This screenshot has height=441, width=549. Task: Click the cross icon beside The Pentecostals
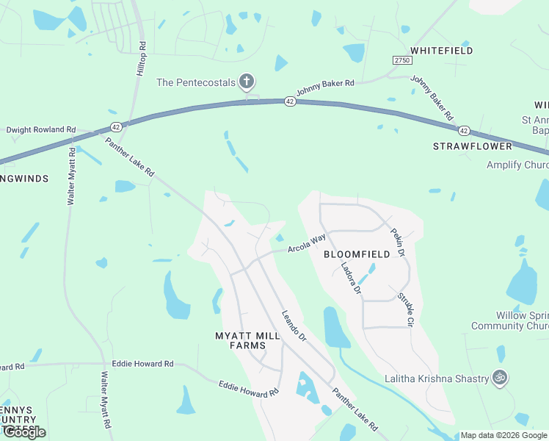point(247,82)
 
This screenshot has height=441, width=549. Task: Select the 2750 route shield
point(401,60)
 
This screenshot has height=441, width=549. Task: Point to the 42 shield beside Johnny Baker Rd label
point(290,101)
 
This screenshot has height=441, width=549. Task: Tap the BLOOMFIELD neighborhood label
point(357,254)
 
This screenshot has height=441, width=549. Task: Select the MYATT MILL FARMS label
point(247,340)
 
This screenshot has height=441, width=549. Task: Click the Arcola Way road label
point(306,243)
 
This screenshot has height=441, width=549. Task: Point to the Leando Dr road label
point(294,326)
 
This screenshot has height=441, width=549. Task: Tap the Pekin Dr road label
point(398,242)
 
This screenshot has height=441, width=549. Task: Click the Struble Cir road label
point(406,309)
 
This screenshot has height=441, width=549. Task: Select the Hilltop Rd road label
point(142,55)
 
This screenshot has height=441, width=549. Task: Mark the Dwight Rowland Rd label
point(41,130)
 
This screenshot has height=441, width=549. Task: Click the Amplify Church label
point(517,165)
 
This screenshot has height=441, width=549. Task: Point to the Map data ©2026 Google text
point(503,435)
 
